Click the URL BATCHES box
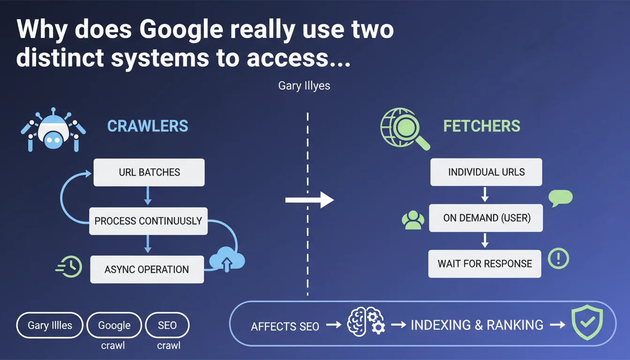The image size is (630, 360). click(149, 172)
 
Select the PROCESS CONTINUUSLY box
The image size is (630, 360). click(148, 221)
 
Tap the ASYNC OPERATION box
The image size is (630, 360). click(147, 270)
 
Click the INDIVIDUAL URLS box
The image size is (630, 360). click(486, 172)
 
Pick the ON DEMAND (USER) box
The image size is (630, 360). click(486, 218)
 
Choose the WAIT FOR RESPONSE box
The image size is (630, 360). click(485, 263)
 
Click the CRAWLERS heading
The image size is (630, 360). click(148, 126)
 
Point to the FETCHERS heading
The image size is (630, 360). click(482, 126)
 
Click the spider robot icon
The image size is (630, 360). click(53, 129)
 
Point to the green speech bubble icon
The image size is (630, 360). click(560, 198)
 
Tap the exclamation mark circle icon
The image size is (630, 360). click(558, 258)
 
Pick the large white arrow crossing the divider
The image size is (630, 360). click(309, 200)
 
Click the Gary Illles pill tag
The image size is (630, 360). click(49, 325)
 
